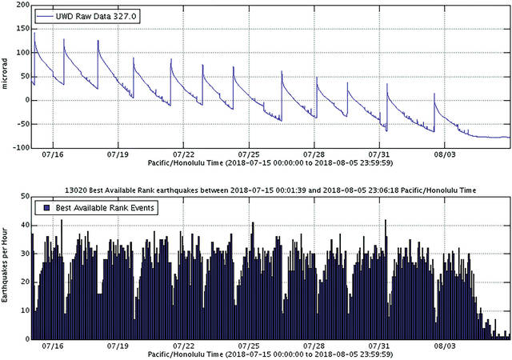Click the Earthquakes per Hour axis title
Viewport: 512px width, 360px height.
pyautogui.click(x=6, y=268)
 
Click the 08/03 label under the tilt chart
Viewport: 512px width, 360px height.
pyautogui.click(x=445, y=154)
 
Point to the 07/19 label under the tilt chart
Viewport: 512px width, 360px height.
pyautogui.click(x=117, y=154)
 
